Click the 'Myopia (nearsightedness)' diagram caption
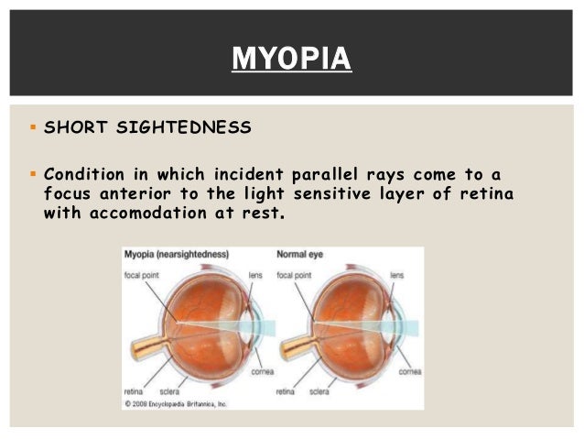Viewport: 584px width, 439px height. (x=176, y=254)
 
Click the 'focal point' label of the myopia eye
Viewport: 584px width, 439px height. (x=144, y=274)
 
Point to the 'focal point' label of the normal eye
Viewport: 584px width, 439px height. (x=296, y=274)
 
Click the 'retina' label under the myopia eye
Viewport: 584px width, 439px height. (x=135, y=391)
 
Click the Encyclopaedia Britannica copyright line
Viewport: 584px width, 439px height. (x=176, y=403)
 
